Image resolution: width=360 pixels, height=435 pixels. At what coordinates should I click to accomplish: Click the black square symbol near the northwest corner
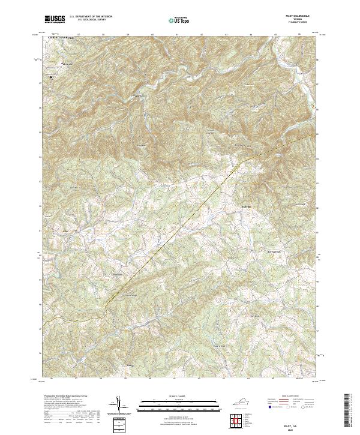point(52,77)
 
